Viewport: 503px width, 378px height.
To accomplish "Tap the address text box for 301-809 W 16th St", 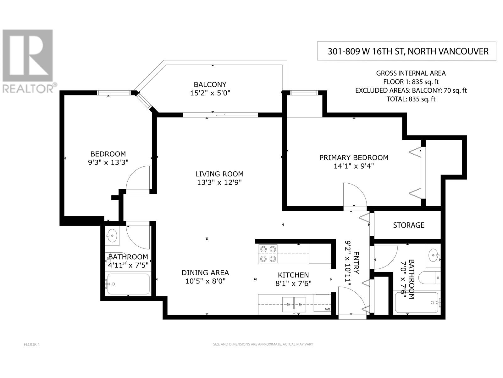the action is pyautogui.click(x=406, y=51).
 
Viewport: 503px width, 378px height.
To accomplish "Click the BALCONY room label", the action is pyautogui.click(x=210, y=84).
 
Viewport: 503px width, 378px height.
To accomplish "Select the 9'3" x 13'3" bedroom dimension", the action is pyautogui.click(x=108, y=163).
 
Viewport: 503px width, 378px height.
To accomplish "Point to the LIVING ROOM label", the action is pyautogui.click(x=219, y=174).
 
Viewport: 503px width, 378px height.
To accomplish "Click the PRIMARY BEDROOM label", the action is pyautogui.click(x=354, y=158).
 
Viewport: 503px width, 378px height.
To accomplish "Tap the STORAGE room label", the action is pyautogui.click(x=409, y=225).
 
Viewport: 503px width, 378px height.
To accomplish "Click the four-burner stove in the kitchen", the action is pyautogui.click(x=268, y=254).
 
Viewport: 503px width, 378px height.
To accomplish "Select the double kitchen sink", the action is pyautogui.click(x=294, y=305).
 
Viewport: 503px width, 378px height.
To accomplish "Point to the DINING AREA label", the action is pyautogui.click(x=205, y=273).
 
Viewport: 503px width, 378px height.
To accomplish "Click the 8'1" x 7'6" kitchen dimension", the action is pyautogui.click(x=293, y=284).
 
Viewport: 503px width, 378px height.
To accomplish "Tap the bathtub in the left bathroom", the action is pyautogui.click(x=128, y=284).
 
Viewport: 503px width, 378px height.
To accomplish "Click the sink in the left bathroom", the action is pyautogui.click(x=112, y=236).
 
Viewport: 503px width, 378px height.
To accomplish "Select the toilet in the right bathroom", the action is pyautogui.click(x=429, y=278).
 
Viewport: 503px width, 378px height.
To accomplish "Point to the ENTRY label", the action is pyautogui.click(x=356, y=263).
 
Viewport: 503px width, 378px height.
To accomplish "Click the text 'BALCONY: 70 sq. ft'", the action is pyautogui.click(x=439, y=90).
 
